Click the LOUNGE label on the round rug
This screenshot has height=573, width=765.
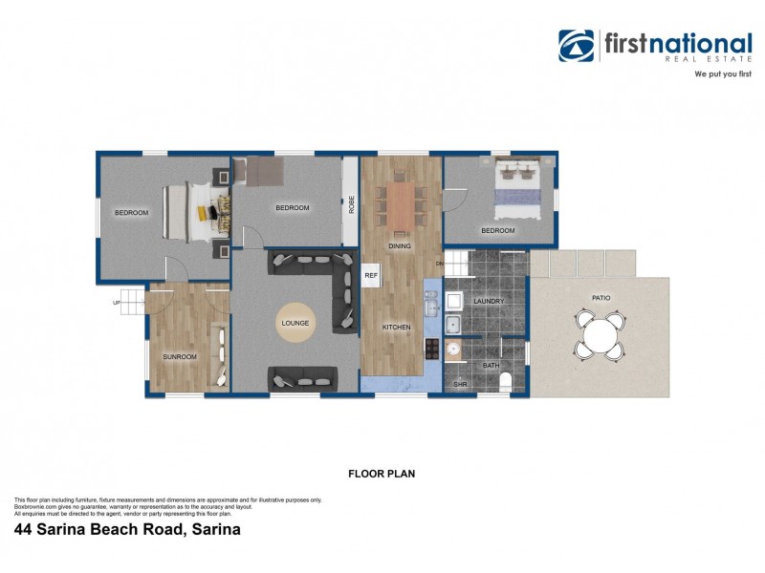[x=295, y=324]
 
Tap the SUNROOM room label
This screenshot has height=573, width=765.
[x=179, y=356]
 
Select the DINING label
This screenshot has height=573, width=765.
[x=400, y=246]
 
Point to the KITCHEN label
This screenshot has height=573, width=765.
[x=396, y=328]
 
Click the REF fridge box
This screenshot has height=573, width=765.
[x=371, y=275]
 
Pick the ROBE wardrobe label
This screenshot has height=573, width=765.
[x=351, y=203]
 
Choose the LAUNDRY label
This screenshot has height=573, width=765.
[x=489, y=301]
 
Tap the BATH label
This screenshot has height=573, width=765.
[x=491, y=365]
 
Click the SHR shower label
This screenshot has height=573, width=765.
[x=459, y=385]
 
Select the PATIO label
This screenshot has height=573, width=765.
[x=601, y=298]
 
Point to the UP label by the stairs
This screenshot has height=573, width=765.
[x=117, y=303]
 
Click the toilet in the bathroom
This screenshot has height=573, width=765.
[x=506, y=383]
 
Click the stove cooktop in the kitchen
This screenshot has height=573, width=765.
[x=432, y=348]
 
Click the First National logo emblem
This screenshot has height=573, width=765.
[x=577, y=46]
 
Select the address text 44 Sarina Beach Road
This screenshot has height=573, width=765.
[x=126, y=528]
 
